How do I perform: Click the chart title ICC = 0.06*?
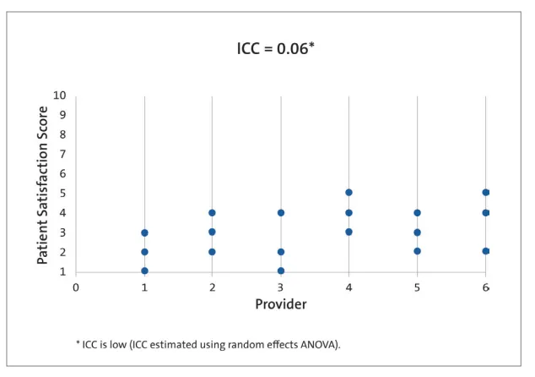[x=275, y=52]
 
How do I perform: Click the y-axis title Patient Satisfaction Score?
[x=42, y=184]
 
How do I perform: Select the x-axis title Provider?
[x=280, y=303]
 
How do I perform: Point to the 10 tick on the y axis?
[x=59, y=96]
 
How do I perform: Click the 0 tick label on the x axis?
[x=75, y=287]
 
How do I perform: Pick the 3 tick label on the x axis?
[x=280, y=287]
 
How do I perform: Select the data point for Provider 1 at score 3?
[x=144, y=232]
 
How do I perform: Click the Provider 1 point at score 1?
[x=144, y=271]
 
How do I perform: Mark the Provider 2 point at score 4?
[x=212, y=213]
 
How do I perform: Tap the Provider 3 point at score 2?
[x=280, y=252]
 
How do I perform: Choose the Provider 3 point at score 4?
[x=280, y=213]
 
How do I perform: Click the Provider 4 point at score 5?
[x=349, y=193]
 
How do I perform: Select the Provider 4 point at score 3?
[x=349, y=232]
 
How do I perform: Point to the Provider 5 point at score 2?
[x=417, y=251]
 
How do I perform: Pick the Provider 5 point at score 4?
[x=417, y=213]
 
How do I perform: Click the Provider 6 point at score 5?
[x=485, y=193]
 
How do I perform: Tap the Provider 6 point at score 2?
[x=485, y=251]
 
